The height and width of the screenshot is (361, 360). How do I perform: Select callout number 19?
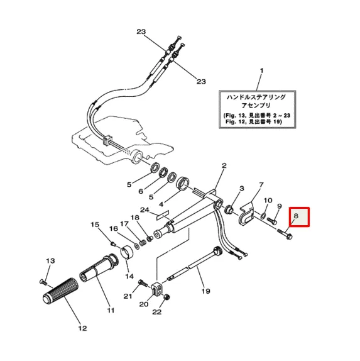pos(206,291)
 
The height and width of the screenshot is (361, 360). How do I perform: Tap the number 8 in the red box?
pos(296,216)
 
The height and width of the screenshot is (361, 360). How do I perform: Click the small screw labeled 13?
pos(43,281)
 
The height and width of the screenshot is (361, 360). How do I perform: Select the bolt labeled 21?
pos(143,283)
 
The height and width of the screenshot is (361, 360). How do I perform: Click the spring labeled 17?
pos(143,243)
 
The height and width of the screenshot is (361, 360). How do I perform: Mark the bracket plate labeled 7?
pos(246,215)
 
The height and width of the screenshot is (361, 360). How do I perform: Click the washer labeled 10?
pos(263,216)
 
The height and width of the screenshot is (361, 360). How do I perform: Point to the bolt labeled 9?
pos(273,221)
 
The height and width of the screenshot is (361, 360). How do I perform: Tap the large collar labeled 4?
pos(182,183)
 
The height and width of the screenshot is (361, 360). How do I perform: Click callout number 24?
pos(145,209)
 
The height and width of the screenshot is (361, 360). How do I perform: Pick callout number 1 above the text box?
pos(262,70)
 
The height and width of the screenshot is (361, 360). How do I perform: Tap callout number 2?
pos(224,165)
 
